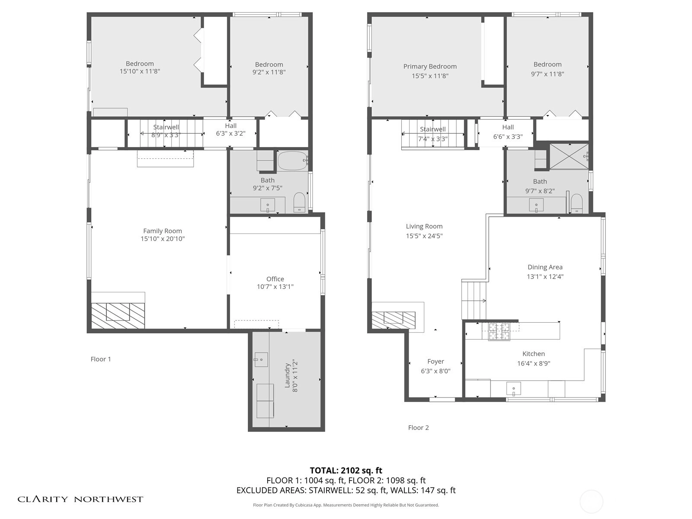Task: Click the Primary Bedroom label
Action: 430,67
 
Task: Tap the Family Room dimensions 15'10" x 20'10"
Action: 163,239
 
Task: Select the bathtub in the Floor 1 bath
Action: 292,161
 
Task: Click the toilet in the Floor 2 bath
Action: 577,204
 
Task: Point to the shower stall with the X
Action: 569,157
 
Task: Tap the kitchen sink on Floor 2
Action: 513,388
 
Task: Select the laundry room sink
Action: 261,359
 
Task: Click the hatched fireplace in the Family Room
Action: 118,315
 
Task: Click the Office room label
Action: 275,279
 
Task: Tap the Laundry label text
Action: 287,375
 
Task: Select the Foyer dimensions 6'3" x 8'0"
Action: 436,371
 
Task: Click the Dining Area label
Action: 545,267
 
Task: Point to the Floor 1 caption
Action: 101,359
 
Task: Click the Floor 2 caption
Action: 418,428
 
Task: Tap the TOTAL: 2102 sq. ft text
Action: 346,471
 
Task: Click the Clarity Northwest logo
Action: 80,499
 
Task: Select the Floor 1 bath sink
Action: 268,205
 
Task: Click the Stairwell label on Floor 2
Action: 432,129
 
